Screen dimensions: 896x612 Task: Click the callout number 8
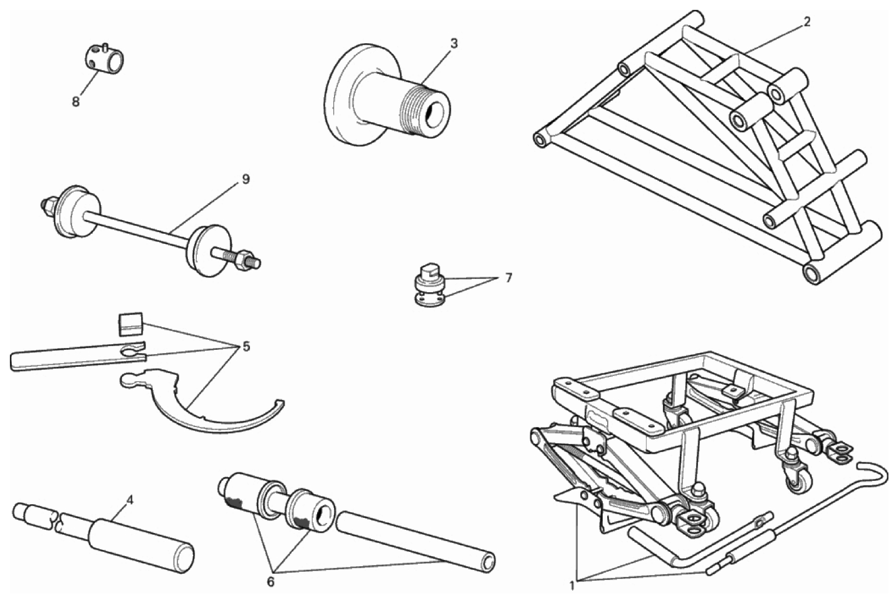(76, 102)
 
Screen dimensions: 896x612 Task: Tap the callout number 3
(453, 44)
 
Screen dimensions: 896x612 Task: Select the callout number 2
(807, 22)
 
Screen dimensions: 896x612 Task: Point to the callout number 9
(246, 179)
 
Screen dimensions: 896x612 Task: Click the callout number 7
(508, 278)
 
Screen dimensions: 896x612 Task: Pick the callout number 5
(246, 347)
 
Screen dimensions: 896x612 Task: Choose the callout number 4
(130, 500)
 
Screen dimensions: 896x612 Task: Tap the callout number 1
(571, 586)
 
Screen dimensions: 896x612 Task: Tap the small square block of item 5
(130, 324)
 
